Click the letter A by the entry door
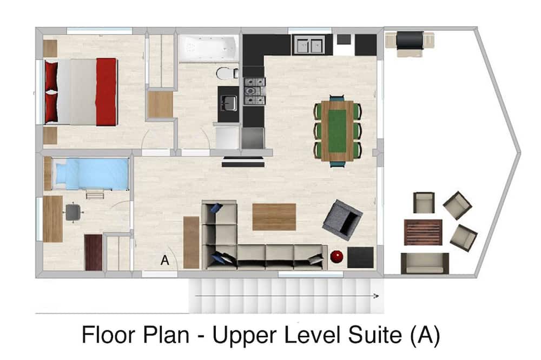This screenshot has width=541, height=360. [x=165, y=260]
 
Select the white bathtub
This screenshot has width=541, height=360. [x=209, y=48]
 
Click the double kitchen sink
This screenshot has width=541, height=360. [x=309, y=45]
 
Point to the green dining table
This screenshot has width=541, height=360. [x=337, y=131]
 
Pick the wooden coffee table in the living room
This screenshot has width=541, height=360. [x=274, y=217]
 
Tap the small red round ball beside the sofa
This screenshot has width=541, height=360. [x=337, y=257]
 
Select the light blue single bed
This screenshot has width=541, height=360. [x=90, y=174]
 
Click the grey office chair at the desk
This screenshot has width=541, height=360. [x=73, y=212]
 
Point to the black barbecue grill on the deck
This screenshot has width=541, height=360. [x=410, y=42]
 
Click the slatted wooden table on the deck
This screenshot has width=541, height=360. [x=424, y=232]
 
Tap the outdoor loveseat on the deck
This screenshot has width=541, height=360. [x=425, y=263]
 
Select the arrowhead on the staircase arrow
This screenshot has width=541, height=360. [x=377, y=296]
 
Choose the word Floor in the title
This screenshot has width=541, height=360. [x=108, y=335]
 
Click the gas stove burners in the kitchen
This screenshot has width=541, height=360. [x=255, y=91]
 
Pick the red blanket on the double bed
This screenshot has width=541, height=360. [x=106, y=92]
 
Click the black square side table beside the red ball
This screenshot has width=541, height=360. [x=360, y=257]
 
